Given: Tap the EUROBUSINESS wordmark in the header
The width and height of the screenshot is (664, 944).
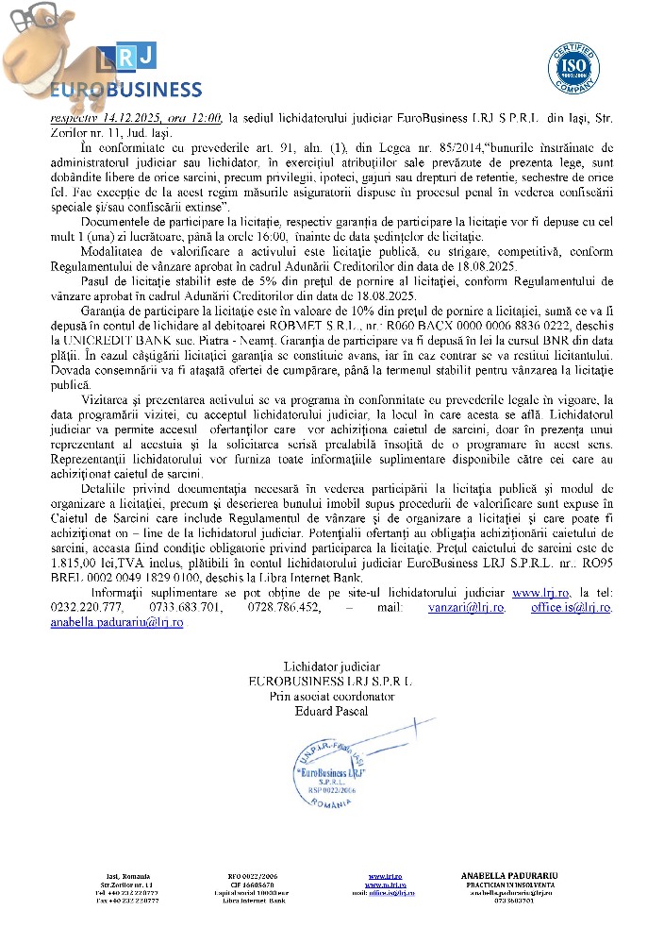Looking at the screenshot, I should coord(124,91).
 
